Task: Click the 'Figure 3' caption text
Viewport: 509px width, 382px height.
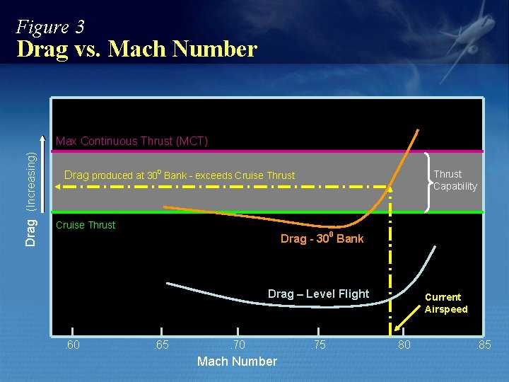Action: tap(50, 28)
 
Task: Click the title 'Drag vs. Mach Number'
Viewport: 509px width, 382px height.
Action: tap(136, 50)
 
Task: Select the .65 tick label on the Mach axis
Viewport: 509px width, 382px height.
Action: tap(163, 345)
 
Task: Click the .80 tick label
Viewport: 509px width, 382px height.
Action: tap(402, 345)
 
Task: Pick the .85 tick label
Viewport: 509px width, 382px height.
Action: tap(484, 345)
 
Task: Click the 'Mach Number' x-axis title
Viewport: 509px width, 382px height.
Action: tap(237, 361)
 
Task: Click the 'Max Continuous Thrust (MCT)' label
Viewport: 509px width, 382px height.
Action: tap(131, 141)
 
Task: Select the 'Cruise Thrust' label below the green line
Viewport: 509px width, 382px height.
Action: tap(86, 225)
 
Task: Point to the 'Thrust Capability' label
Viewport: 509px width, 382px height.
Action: tap(455, 180)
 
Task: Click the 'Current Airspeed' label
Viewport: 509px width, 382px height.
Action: tap(445, 303)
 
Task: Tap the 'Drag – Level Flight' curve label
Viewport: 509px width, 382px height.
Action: tap(318, 294)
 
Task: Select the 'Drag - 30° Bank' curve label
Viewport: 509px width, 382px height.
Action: tap(322, 238)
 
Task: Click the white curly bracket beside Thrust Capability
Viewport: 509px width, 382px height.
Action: tap(430, 181)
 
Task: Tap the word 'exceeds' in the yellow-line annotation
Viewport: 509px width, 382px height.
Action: tap(216, 175)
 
